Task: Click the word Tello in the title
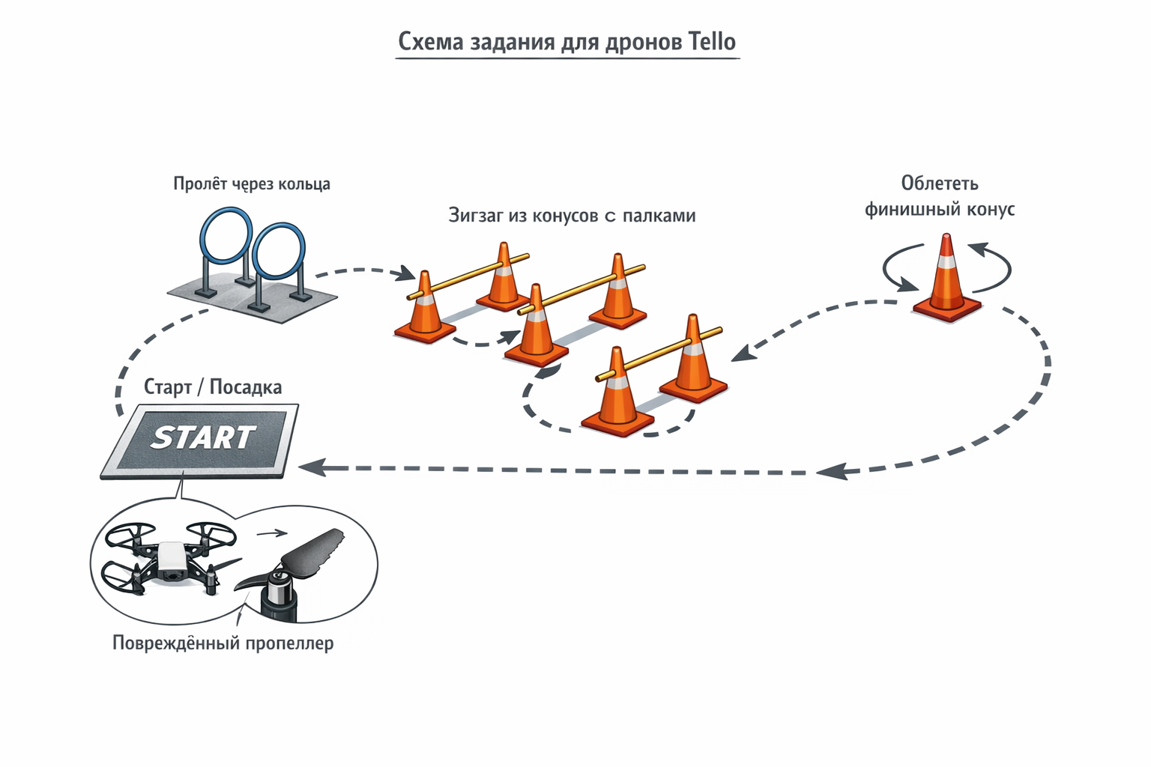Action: pyautogui.click(x=711, y=41)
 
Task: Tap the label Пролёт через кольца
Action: pyautogui.click(x=252, y=184)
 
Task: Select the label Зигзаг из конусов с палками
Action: pyautogui.click(x=572, y=216)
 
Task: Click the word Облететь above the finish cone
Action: pyautogui.click(x=940, y=184)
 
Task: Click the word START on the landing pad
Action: pyautogui.click(x=203, y=437)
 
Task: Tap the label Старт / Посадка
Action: pyautogui.click(x=213, y=387)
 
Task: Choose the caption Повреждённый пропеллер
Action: pyautogui.click(x=223, y=643)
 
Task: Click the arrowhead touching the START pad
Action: pyautogui.click(x=311, y=467)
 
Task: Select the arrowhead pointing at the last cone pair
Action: pyautogui.click(x=741, y=354)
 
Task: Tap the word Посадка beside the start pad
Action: pyautogui.click(x=246, y=387)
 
